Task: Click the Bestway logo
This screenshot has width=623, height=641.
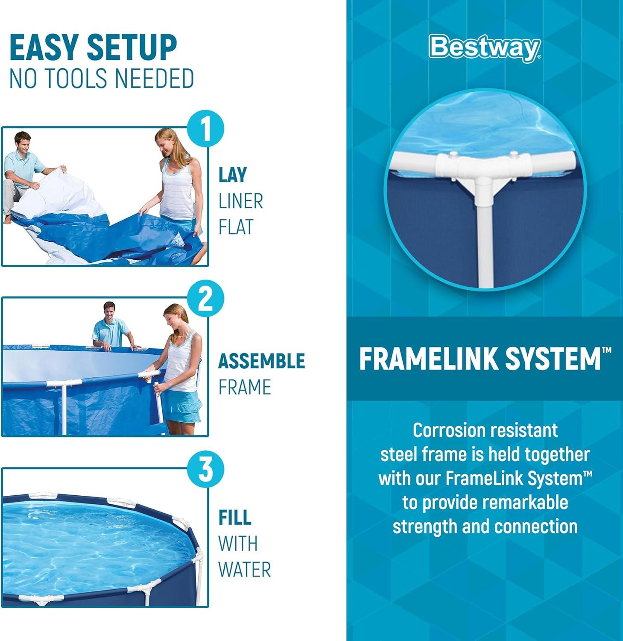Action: (486, 48)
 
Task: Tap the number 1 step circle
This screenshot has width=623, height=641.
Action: (206, 128)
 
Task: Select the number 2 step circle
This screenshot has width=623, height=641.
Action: (206, 299)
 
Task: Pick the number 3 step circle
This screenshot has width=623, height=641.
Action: (206, 469)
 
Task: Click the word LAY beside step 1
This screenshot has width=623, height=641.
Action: (233, 175)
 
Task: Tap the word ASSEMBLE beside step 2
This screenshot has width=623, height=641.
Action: (262, 361)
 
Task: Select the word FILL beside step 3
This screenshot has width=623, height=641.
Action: (234, 517)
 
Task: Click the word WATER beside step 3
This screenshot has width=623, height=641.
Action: (245, 570)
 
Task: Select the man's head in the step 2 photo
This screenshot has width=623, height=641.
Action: (109, 312)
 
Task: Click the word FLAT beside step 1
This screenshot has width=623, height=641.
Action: (236, 227)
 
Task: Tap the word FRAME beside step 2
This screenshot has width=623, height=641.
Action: (245, 387)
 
